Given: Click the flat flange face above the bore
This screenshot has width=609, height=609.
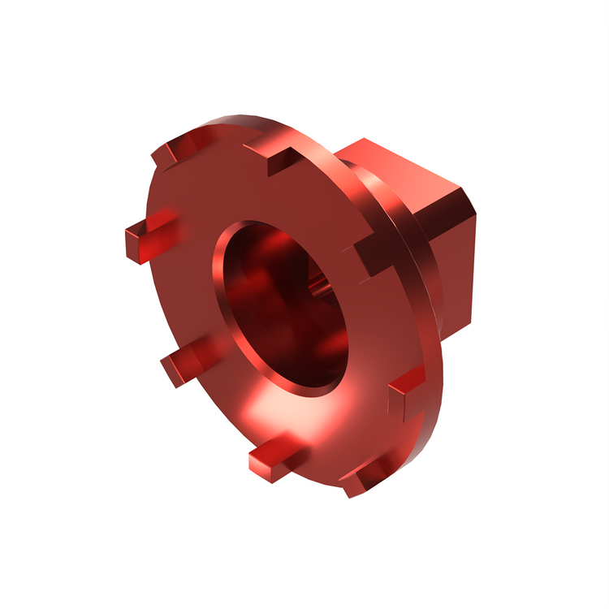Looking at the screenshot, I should click(244, 191).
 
